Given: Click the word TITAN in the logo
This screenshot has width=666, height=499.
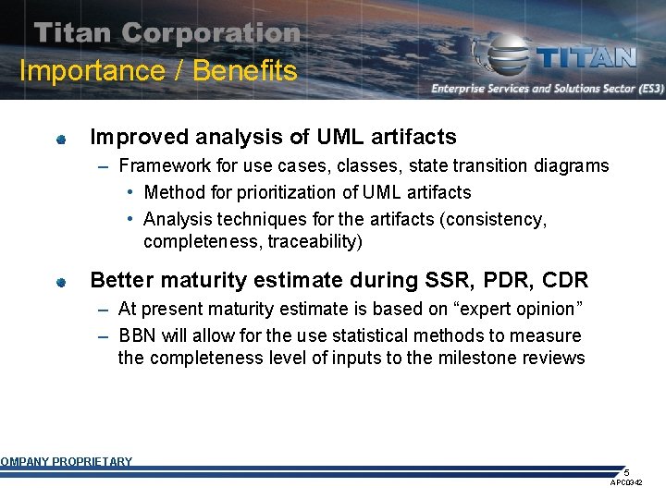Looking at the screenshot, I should (x=586, y=57).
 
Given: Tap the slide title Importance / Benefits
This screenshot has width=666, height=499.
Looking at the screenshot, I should (x=158, y=71).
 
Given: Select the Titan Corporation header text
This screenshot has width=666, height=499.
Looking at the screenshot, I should (x=167, y=34).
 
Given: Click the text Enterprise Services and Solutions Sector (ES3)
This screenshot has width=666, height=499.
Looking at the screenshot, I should (x=547, y=89).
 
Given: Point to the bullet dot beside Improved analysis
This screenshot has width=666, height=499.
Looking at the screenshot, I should (x=60, y=140).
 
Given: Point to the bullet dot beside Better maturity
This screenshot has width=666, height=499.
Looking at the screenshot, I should (x=60, y=282).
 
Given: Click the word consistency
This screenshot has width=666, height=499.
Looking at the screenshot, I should (x=497, y=220).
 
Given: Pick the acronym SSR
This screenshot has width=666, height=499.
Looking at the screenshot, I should (x=424, y=280).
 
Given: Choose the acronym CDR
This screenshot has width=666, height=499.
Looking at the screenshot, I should (x=562, y=280).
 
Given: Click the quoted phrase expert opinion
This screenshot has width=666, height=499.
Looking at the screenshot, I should (x=515, y=309).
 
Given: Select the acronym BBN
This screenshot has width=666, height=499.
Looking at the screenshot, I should (x=138, y=335).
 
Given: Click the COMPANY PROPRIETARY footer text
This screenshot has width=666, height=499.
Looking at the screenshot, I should (x=66, y=462).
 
